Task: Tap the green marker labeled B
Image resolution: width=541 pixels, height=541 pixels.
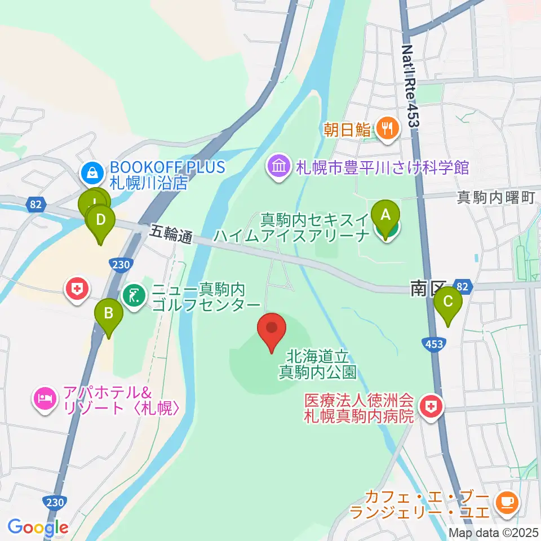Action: (109, 314)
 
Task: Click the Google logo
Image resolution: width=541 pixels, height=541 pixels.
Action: (38, 527)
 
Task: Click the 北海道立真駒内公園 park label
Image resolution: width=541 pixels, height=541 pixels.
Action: (318, 364)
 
